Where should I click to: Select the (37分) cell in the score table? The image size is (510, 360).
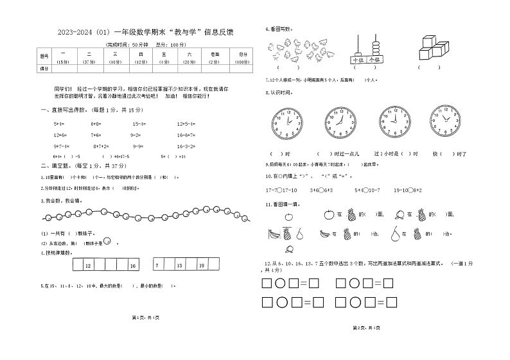(89, 62)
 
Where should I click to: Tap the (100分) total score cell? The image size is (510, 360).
(242, 62)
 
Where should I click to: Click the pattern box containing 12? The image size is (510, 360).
(89, 265)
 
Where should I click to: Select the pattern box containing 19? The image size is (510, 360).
(202, 265)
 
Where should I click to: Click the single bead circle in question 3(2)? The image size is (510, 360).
(107, 241)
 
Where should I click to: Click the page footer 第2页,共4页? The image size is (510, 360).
(366, 328)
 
